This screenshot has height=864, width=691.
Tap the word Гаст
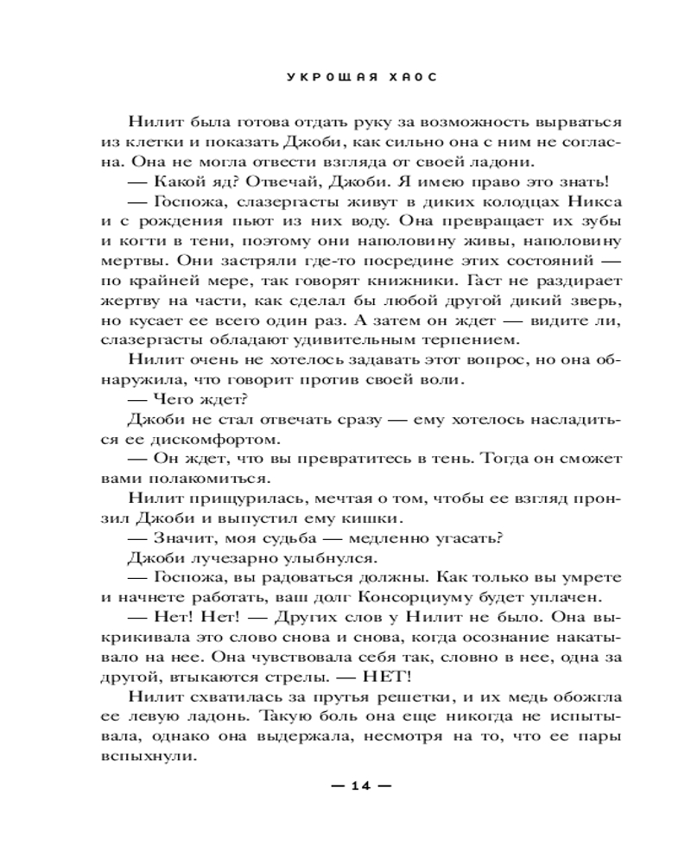487,280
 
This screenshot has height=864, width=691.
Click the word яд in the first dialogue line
206,181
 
